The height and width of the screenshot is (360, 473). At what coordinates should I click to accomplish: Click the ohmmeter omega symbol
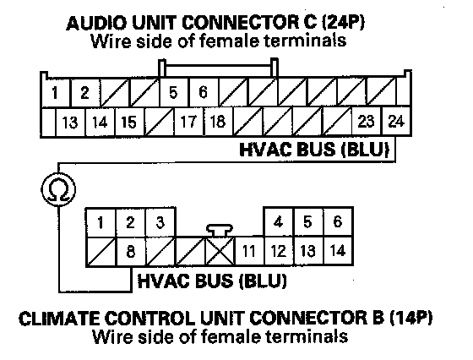[x=58, y=189]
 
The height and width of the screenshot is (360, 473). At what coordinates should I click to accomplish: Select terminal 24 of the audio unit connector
[x=396, y=122]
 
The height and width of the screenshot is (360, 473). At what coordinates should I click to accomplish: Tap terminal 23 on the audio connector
[x=367, y=122]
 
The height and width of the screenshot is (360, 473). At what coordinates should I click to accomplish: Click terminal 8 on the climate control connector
[x=131, y=251]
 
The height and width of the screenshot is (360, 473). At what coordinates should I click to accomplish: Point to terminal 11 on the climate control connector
[x=249, y=251]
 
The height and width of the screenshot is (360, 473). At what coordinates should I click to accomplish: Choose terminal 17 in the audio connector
[x=189, y=122]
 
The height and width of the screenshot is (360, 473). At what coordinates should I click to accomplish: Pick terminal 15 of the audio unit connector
[x=129, y=122]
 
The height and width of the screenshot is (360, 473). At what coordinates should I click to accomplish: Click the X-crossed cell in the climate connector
[x=220, y=251]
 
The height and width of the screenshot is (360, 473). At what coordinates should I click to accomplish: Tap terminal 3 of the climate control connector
[x=160, y=222]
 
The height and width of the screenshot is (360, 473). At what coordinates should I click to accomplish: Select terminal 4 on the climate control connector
[x=279, y=222]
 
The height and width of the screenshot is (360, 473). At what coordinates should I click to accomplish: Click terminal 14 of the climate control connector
[x=338, y=251]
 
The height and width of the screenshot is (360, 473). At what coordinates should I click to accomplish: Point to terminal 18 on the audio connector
[x=219, y=122]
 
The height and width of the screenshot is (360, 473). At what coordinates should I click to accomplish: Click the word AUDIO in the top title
[x=96, y=23]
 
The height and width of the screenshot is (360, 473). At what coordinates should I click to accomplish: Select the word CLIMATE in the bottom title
[x=58, y=319]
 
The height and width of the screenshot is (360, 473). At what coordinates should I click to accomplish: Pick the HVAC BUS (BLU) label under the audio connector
[x=314, y=149]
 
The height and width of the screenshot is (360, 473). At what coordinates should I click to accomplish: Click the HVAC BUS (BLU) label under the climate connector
[x=212, y=281]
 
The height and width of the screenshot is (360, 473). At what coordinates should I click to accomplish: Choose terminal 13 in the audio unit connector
[x=70, y=122]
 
